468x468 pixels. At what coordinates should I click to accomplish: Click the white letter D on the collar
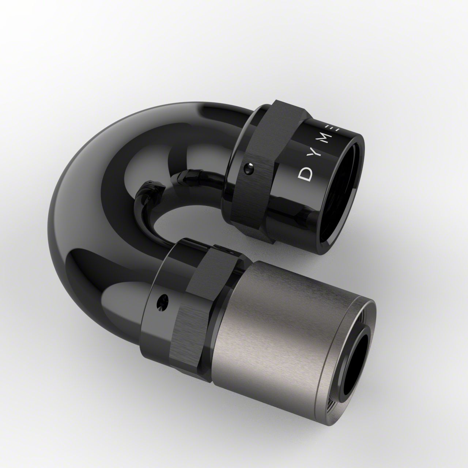tap(305, 175)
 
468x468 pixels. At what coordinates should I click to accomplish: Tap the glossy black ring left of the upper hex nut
tap(238, 132)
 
